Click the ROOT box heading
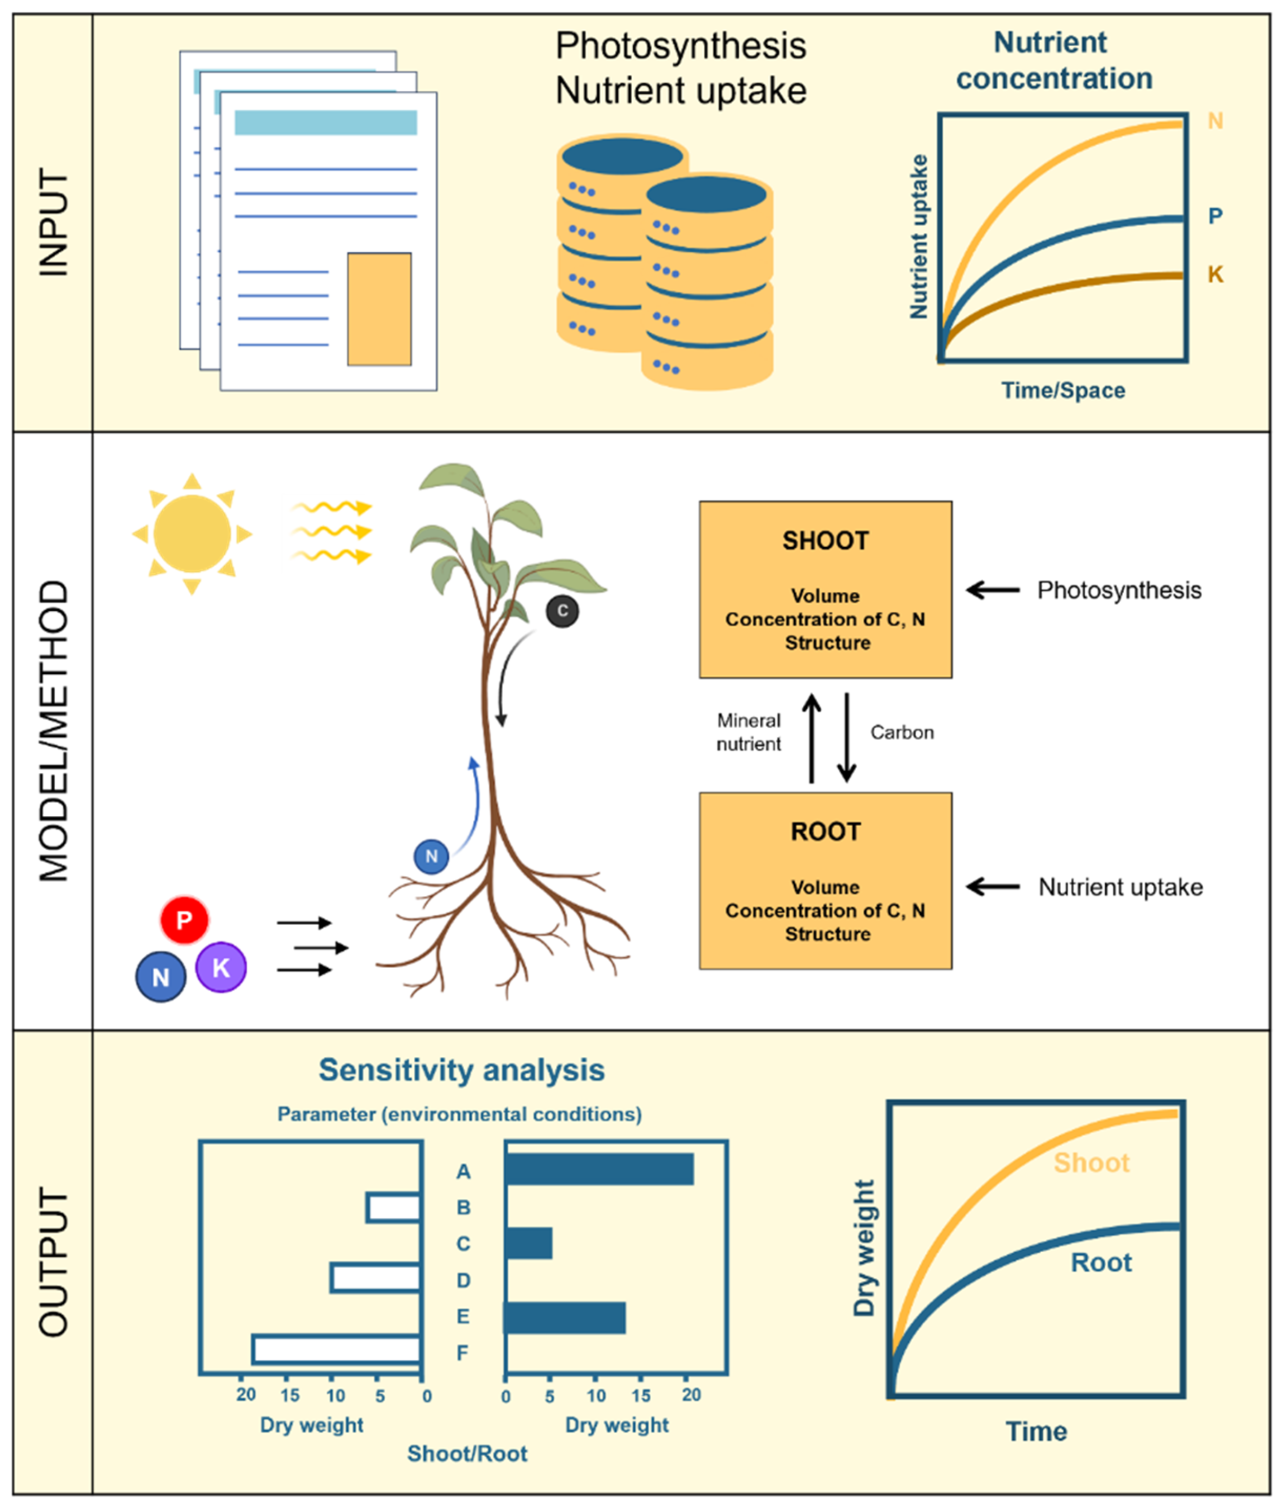point(825,831)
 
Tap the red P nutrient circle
point(184,920)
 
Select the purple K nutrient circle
point(221,967)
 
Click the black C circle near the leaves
point(562,611)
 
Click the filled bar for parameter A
point(599,1170)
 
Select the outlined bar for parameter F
point(336,1350)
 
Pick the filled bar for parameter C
point(529,1243)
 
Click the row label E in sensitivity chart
point(462,1316)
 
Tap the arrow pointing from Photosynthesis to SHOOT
point(993,590)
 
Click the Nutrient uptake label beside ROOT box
point(1120,887)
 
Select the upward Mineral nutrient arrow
point(811,737)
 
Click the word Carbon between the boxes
point(902,732)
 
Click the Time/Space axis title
point(1062,390)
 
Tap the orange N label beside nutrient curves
point(1214,121)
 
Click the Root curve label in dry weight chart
point(1101,1262)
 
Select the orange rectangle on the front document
point(379,309)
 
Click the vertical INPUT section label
point(53,222)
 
